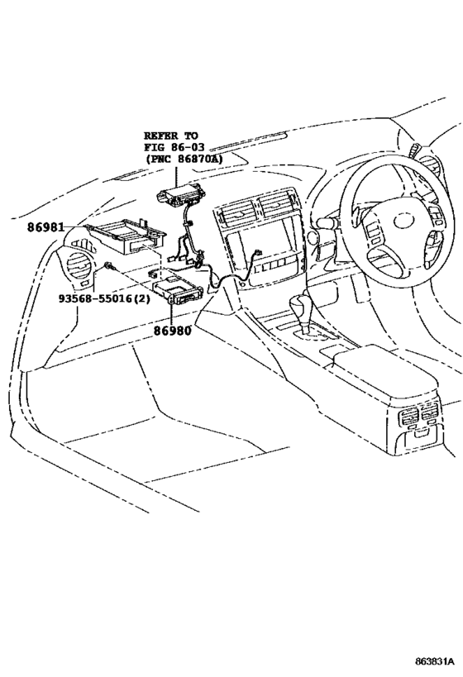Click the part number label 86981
point(44,225)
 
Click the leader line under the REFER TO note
point(176,175)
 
